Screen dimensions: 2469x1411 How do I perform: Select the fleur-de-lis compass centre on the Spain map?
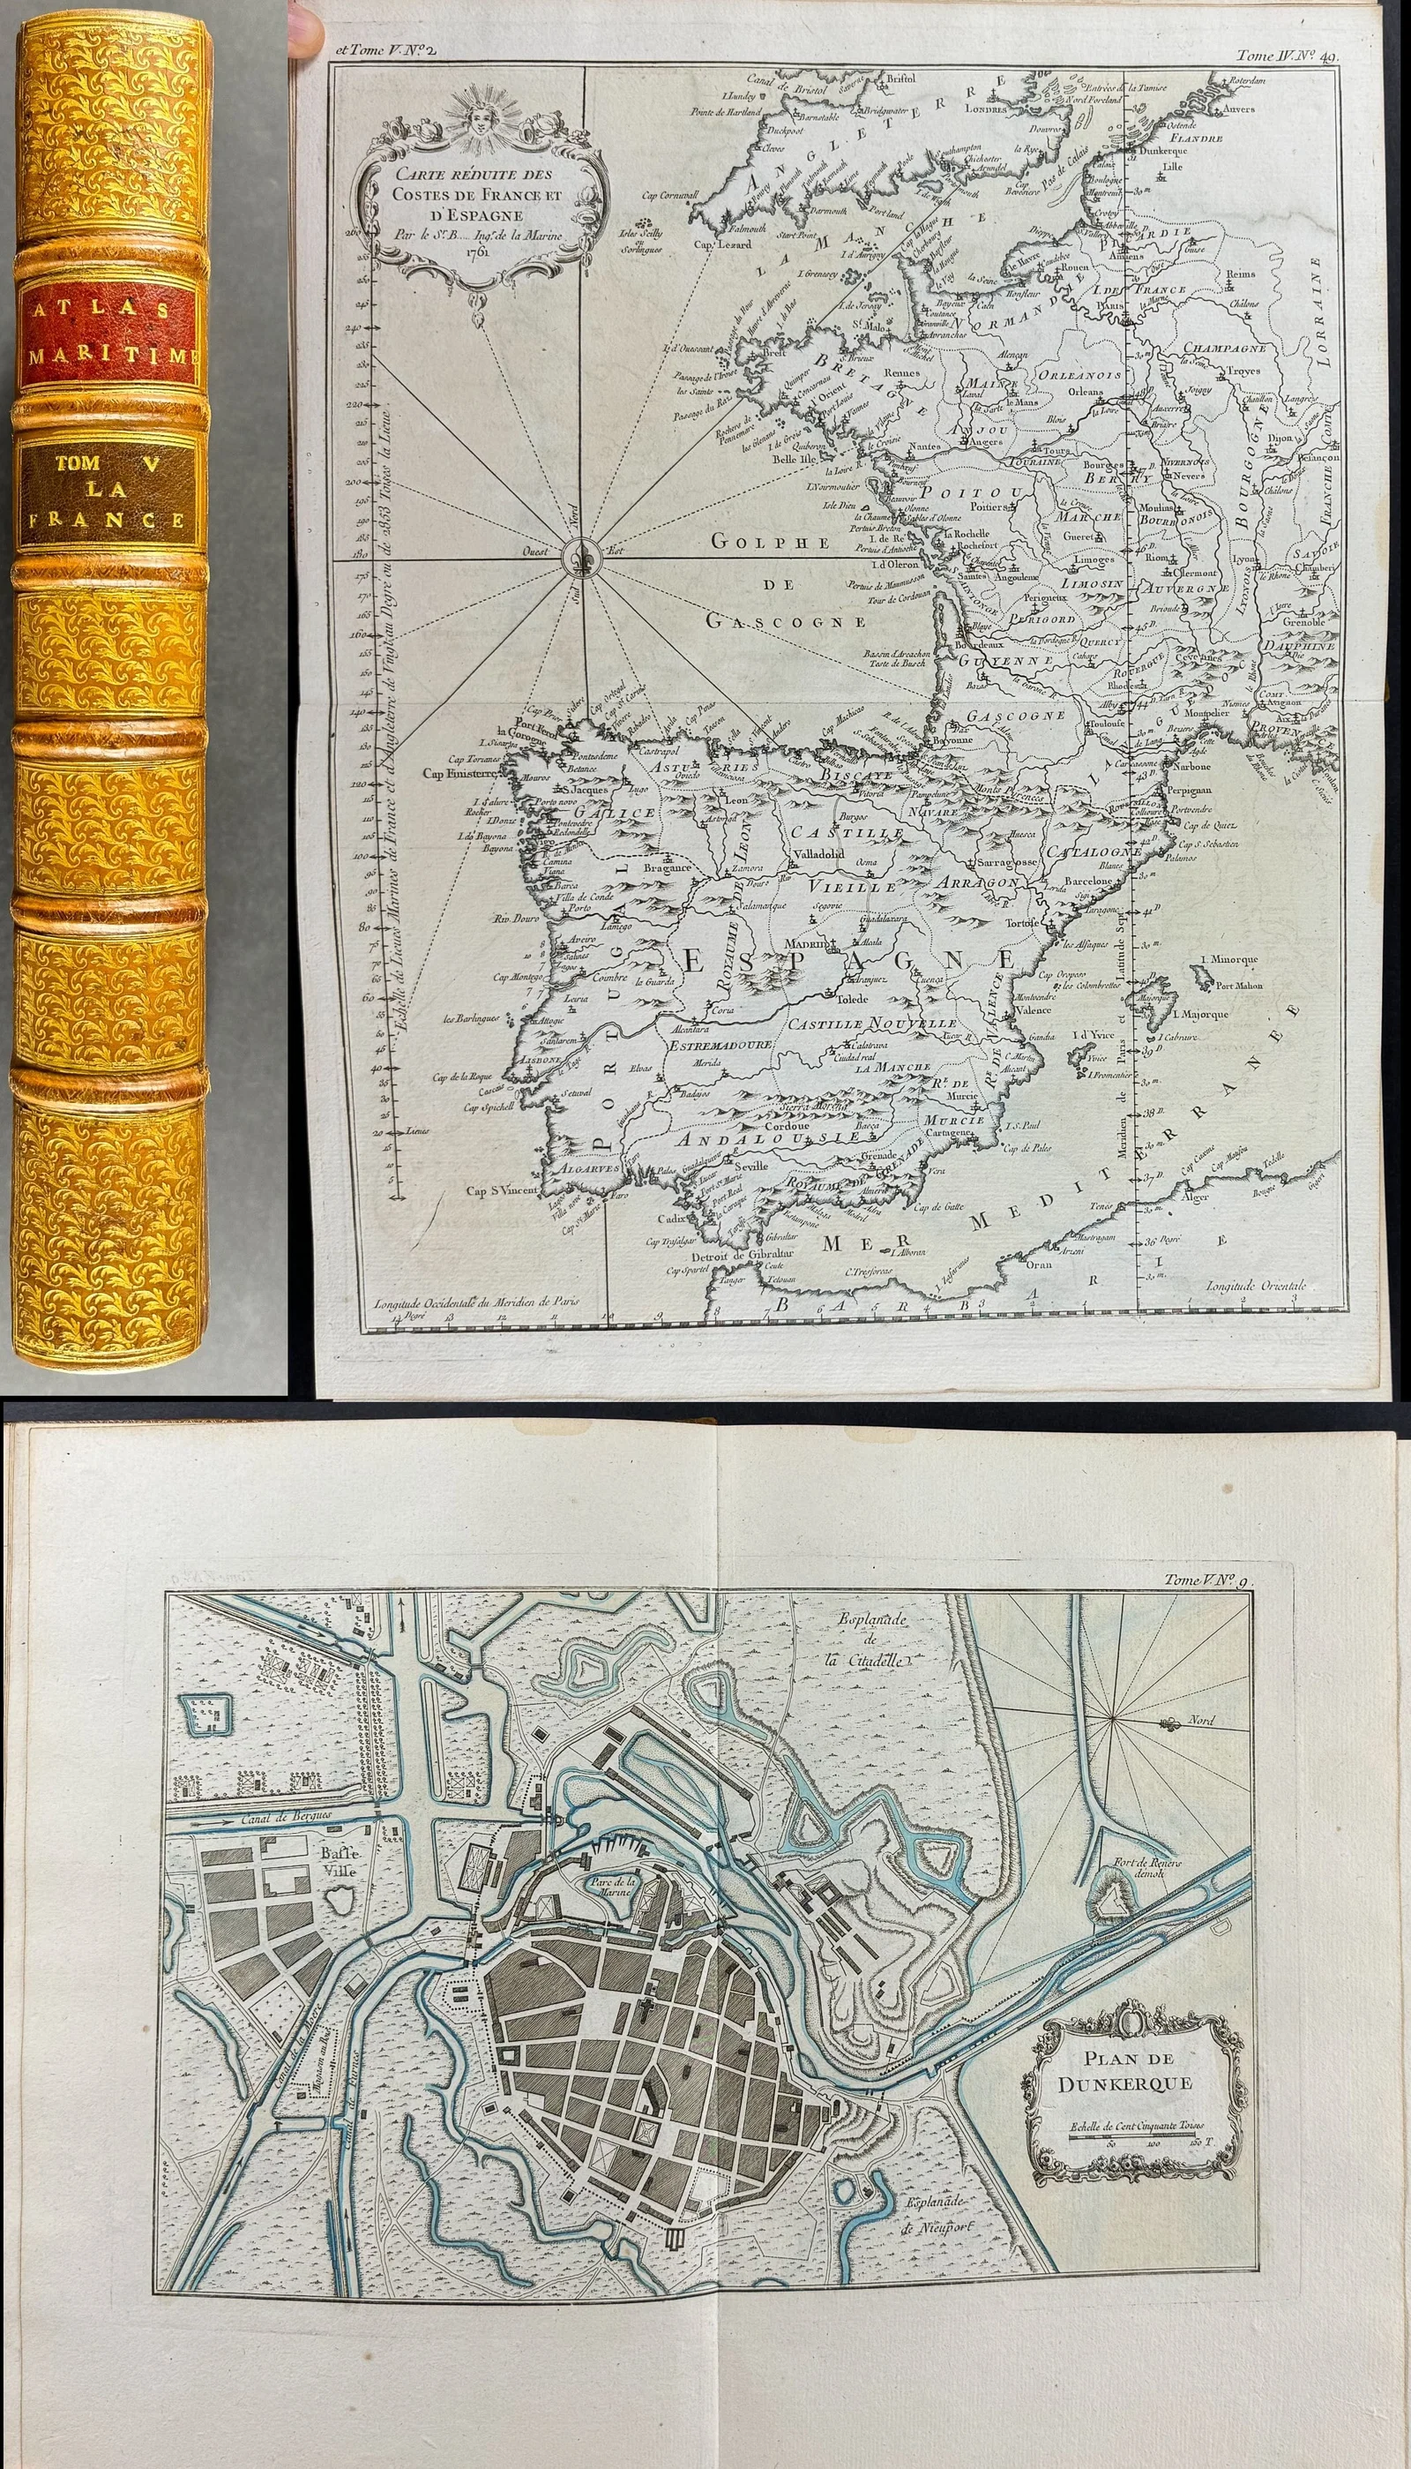pyautogui.click(x=585, y=550)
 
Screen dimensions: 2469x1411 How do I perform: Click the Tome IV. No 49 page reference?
pyautogui.click(x=1287, y=56)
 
